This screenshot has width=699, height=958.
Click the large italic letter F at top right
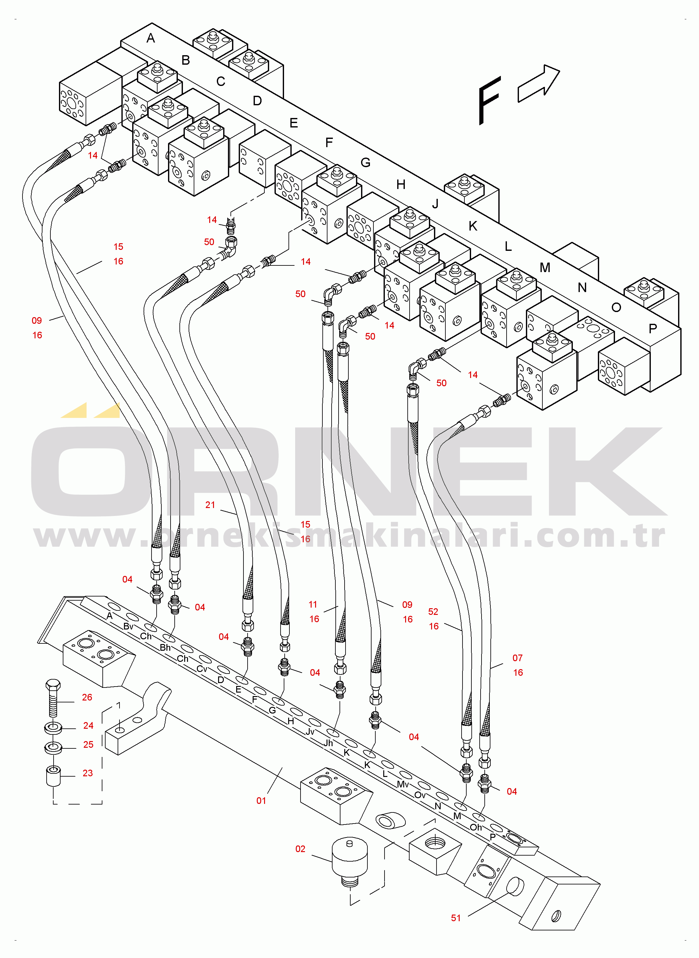pos(489,101)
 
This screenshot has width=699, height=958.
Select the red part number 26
pos(87,697)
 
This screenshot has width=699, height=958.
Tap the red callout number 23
pos(87,773)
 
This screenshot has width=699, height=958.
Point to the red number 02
pos(301,849)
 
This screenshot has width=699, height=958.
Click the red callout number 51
pos(456,918)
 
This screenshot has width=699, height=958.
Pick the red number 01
pos(261,801)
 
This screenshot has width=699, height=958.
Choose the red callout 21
pos(210,505)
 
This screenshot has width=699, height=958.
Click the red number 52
pos(433,611)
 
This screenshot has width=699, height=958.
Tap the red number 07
pos(517,658)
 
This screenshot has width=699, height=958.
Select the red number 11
pos(313,604)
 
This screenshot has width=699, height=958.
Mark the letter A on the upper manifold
pos(151,38)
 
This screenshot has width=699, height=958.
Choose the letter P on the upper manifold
pos(653,328)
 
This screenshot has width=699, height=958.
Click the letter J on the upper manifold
pos(435,204)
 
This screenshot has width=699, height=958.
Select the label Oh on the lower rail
pos(476,827)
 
